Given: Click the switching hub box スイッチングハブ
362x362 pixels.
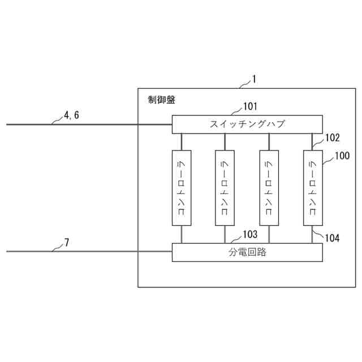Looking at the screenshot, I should pos(247,124).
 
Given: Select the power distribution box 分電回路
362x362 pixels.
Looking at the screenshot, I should pos(247,252).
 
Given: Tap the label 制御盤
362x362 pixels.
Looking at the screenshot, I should pos(161,100).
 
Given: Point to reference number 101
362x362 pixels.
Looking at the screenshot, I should pos(250,106).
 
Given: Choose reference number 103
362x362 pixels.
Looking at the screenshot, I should pos(250,234).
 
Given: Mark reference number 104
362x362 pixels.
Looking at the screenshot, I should pos(332,238).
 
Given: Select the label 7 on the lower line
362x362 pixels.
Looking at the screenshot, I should pos(67,242).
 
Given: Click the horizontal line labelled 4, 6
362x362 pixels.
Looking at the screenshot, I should pos(85,124).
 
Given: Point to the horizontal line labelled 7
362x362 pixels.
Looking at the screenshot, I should pos(85,252).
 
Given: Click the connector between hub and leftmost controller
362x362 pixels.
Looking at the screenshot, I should pos(181,141).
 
